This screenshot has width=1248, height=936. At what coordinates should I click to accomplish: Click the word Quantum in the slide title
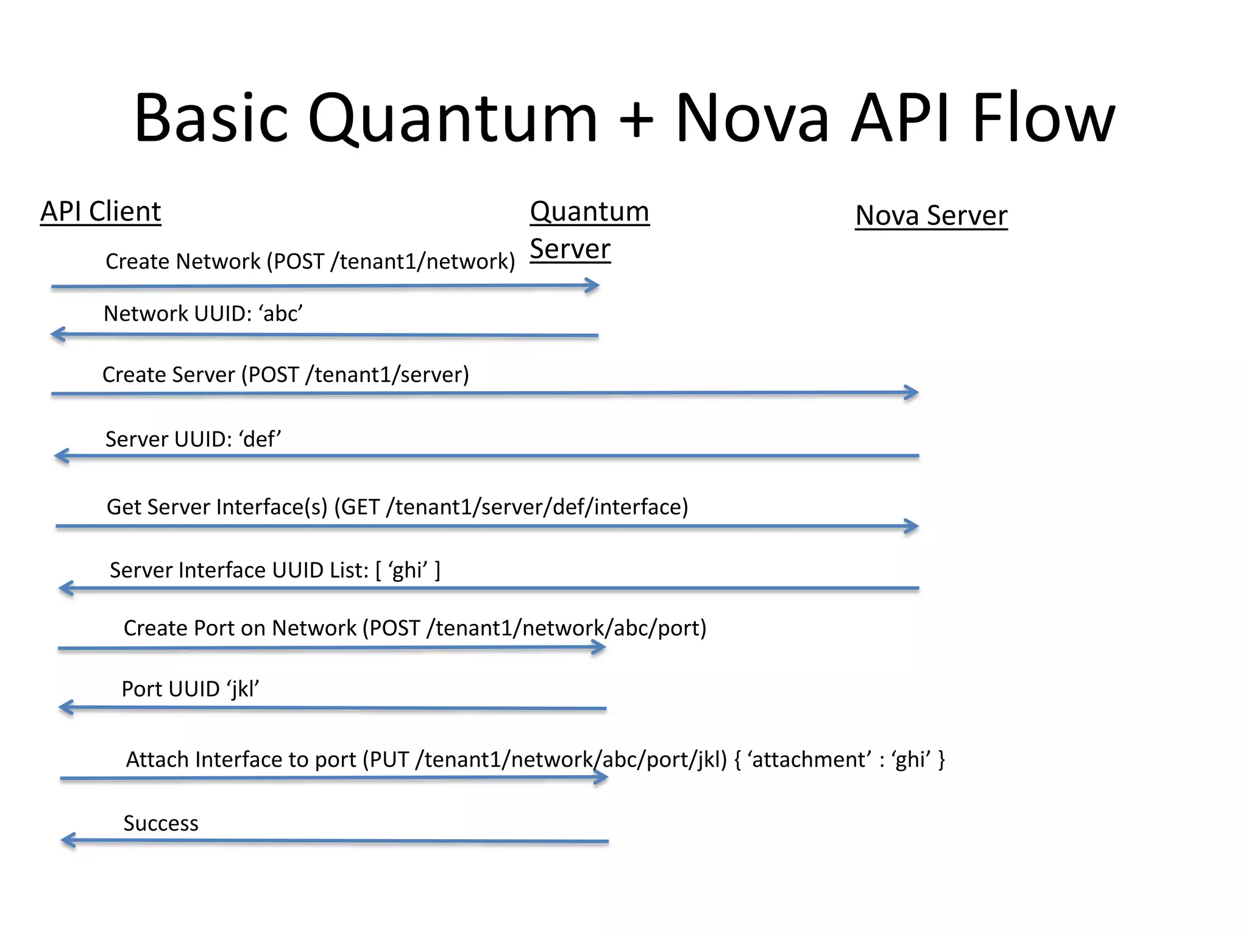452,119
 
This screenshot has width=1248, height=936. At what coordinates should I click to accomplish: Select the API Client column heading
101,212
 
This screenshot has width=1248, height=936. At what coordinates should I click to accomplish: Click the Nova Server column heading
931,216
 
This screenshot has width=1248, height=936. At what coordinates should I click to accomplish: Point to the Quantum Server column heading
589,230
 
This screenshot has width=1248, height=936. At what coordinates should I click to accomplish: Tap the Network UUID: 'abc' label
203,314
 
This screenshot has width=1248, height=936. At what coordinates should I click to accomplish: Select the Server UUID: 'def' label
193,439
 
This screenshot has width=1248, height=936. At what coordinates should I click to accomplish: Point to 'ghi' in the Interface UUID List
408,570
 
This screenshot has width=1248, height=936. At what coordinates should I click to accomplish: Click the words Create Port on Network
239,628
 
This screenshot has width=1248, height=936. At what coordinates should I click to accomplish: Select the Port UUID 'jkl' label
190,689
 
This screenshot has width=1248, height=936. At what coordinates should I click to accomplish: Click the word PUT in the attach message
389,760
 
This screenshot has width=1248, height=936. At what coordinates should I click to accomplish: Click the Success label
161,823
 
